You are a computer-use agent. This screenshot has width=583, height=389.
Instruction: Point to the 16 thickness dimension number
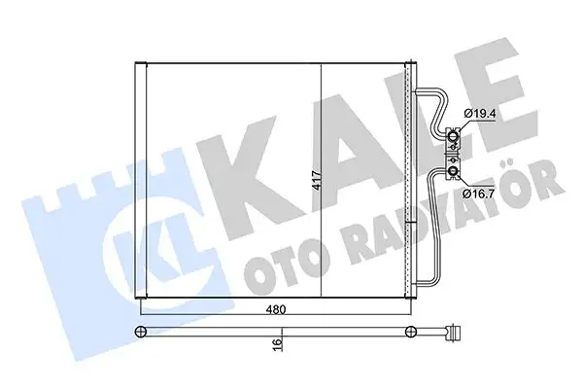pyautogui.click(x=277, y=342)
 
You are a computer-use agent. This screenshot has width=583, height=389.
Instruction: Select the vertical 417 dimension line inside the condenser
pyautogui.click(x=321, y=117)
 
